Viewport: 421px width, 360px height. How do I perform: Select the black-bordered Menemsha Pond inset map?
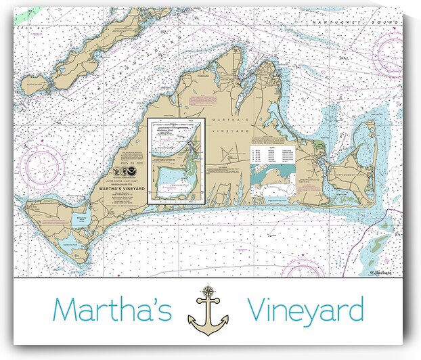point(175,160)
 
